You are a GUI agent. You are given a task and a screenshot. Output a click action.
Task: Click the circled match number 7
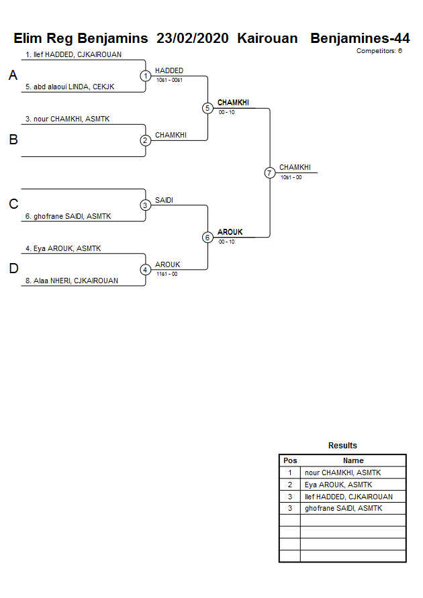pyautogui.click(x=270, y=172)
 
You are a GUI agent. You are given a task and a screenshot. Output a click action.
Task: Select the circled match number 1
pyautogui.click(x=146, y=76)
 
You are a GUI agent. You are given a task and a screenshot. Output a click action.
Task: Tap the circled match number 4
pyautogui.click(x=146, y=270)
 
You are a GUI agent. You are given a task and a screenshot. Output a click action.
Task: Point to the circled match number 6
pyautogui.click(x=207, y=237)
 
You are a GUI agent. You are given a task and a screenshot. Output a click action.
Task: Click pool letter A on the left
pyautogui.click(x=13, y=76)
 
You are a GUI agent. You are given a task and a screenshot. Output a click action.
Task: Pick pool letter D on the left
pyautogui.click(x=13, y=269)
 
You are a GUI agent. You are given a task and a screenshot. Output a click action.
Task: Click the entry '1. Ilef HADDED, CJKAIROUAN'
pyautogui.click(x=73, y=54)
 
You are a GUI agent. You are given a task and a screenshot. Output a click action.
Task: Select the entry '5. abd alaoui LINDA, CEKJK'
pyautogui.click(x=70, y=87)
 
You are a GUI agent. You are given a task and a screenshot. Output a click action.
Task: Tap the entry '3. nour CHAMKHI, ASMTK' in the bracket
pyautogui.click(x=67, y=119)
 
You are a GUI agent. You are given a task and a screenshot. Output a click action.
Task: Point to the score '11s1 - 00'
pyautogui.click(x=167, y=274)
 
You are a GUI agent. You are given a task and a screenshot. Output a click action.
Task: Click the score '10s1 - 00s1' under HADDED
pyautogui.click(x=170, y=80)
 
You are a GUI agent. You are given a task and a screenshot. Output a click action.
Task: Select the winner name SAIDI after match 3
pyautogui.click(x=164, y=200)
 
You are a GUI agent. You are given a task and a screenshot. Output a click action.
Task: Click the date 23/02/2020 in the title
pyautogui.click(x=192, y=38)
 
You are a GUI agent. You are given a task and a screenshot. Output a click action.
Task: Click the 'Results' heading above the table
pyautogui.click(x=342, y=446)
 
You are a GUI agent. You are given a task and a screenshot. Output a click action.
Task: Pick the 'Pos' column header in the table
pyautogui.click(x=290, y=460)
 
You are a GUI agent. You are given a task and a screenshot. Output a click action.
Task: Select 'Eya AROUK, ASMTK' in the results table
pyautogui.click(x=338, y=485)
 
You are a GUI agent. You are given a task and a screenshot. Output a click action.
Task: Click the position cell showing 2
pyautogui.click(x=290, y=485)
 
